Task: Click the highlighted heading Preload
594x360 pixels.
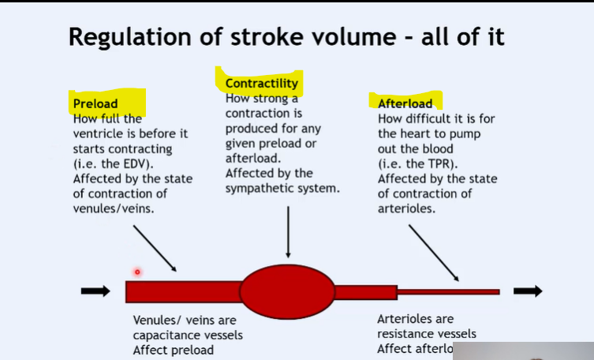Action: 95,103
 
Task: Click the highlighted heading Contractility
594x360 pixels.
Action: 262,83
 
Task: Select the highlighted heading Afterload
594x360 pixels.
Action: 405,103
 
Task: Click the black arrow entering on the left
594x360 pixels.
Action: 95,291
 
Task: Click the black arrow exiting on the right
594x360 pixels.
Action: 528,291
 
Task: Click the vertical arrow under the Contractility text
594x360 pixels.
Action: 288,228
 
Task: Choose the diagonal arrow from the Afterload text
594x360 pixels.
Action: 433,253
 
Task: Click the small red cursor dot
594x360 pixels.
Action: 136,272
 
